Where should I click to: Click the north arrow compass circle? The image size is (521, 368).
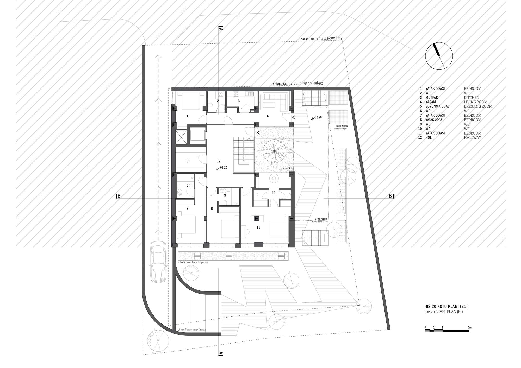[x=439, y=56]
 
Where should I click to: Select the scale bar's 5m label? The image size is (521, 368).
[x=469, y=327]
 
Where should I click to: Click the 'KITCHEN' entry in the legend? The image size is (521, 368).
[x=472, y=98]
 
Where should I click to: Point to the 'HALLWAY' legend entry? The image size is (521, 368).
[x=472, y=137]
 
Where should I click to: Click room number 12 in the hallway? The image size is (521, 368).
[x=219, y=161]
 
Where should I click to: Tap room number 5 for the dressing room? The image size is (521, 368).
[x=187, y=161]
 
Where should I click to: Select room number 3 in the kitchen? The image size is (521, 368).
[x=239, y=101]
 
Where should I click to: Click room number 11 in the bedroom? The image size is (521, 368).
[x=258, y=227]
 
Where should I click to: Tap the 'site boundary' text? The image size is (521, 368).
[x=331, y=38]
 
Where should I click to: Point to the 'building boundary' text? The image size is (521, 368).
[x=308, y=83]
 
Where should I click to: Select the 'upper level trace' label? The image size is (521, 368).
[x=320, y=221]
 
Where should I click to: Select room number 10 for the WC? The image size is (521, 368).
[x=274, y=193]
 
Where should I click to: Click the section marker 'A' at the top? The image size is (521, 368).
[x=220, y=28]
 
